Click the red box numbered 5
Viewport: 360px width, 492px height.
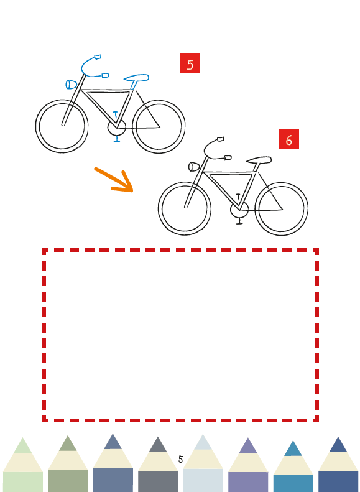[x=190, y=63]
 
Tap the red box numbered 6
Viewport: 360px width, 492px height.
[x=289, y=139]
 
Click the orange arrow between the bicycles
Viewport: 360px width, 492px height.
[x=114, y=180]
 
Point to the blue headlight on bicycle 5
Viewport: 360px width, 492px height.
[x=71, y=85]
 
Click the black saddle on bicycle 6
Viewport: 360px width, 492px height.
[x=259, y=160]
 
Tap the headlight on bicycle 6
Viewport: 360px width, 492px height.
[x=194, y=167]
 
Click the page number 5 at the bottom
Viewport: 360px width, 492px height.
[x=180, y=460]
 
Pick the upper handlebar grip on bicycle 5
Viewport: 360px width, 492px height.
[x=98, y=57]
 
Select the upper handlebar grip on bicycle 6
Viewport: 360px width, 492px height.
[x=221, y=139]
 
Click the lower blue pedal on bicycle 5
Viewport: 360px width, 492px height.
[x=117, y=139]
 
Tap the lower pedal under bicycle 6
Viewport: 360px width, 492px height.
[x=239, y=221]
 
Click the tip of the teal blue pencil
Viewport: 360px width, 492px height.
[x=293, y=442]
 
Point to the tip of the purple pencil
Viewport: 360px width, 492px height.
[x=248, y=439]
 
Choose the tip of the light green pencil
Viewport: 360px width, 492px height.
[x=22, y=439]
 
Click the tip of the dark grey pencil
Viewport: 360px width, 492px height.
[x=158, y=438]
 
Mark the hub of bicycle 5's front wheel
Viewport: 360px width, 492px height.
[x=63, y=124]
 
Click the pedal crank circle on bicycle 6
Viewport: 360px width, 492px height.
[x=239, y=208]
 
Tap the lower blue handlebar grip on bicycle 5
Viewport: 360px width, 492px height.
[x=105, y=75]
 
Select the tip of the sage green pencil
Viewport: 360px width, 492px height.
[x=68, y=437]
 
